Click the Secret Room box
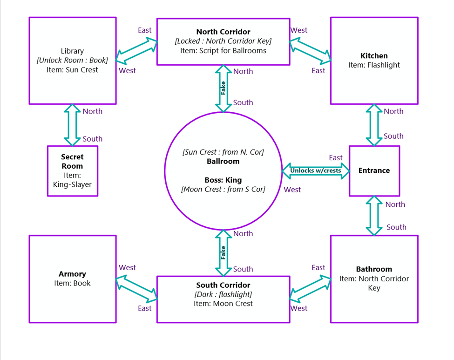(x=73, y=170)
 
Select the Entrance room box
(x=374, y=170)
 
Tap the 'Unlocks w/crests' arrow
(x=316, y=170)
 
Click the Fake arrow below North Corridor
(x=224, y=88)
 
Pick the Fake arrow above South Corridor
(x=224, y=252)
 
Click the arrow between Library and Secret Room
(x=72, y=125)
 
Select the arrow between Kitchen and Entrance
(x=374, y=125)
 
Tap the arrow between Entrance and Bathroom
(x=374, y=215)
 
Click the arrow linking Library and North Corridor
(x=136, y=50)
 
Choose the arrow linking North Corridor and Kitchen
(x=310, y=50)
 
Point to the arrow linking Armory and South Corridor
(x=136, y=288)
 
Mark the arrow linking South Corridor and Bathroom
(x=310, y=288)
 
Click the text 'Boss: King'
(x=223, y=180)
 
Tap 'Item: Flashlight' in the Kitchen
(x=374, y=65)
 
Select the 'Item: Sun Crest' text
(x=72, y=70)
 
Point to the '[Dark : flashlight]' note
(x=223, y=294)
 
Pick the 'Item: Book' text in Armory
(x=72, y=283)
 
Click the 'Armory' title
(x=72, y=274)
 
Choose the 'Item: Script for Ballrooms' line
(x=223, y=50)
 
